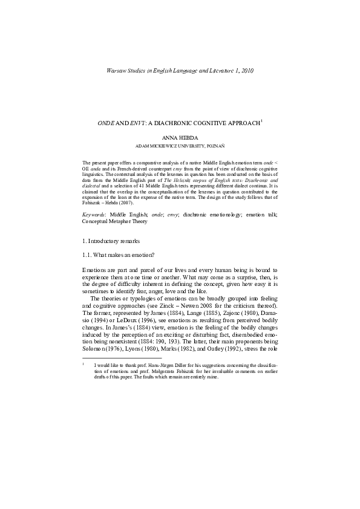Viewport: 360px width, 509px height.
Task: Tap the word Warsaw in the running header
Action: coord(117,71)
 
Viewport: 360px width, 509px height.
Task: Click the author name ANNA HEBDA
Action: coord(180,138)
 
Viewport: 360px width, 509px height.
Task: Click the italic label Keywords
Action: coord(95,215)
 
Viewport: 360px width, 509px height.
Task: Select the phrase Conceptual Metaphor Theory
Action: coord(114,221)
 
